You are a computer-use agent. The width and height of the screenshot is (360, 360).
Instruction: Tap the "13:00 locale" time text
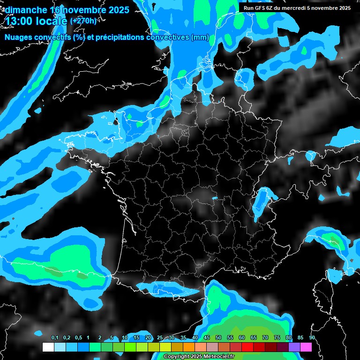37,21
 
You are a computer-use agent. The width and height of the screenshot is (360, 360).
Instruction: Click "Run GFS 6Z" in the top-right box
261,8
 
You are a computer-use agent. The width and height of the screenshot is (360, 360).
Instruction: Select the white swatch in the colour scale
48,347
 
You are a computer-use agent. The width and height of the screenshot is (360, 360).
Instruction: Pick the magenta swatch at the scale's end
306,347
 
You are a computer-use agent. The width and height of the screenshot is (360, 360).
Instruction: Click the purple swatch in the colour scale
294,347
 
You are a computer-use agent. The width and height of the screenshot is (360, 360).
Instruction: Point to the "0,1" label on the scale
55,338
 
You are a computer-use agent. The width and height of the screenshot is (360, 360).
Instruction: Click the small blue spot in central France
215,198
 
